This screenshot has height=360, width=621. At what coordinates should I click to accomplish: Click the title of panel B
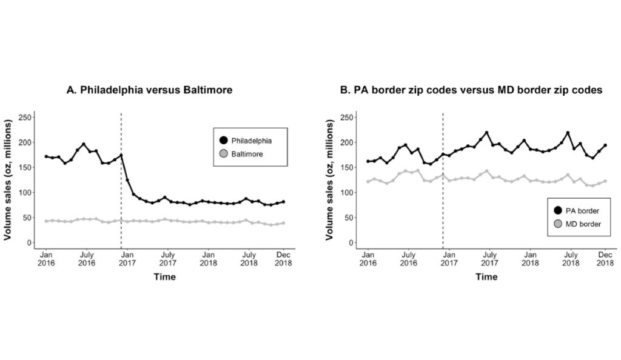point(471,90)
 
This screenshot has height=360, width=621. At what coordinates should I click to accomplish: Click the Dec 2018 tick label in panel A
point(283,259)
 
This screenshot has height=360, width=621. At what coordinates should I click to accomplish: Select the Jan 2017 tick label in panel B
point(448,259)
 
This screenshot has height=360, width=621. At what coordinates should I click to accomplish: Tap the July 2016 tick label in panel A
point(87,259)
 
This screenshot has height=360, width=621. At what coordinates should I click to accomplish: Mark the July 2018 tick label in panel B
point(570,259)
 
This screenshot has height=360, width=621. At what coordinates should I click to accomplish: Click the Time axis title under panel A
point(164,277)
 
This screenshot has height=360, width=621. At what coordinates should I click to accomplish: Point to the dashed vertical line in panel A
point(121,182)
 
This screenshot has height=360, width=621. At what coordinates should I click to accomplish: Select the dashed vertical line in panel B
point(443,182)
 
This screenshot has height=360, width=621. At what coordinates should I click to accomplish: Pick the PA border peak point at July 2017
point(486,133)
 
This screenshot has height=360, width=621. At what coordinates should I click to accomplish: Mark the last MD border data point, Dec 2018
point(605,181)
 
